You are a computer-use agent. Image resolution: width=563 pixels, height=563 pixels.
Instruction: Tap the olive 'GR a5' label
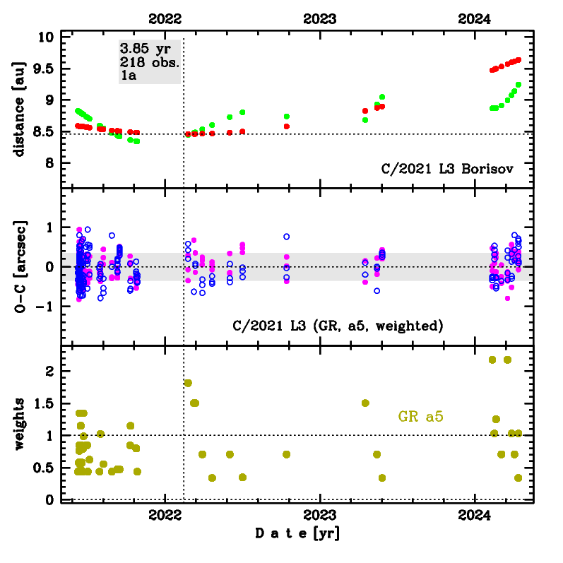click(421, 417)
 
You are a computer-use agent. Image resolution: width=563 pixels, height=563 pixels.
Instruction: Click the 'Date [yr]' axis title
click(297, 534)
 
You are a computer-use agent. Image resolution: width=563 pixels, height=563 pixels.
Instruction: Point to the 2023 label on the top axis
click(320, 19)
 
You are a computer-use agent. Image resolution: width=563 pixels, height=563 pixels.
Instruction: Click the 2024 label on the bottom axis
click(475, 515)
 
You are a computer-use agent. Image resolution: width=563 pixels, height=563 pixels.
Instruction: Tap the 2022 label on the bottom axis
click(165, 515)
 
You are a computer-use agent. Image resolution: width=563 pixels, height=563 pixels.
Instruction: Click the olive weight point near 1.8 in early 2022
click(188, 383)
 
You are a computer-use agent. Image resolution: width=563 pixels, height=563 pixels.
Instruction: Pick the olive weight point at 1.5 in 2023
click(365, 403)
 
